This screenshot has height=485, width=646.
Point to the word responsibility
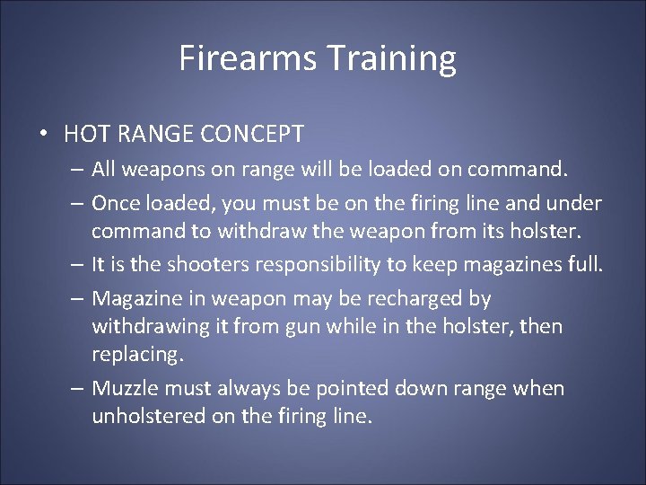[328, 265]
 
